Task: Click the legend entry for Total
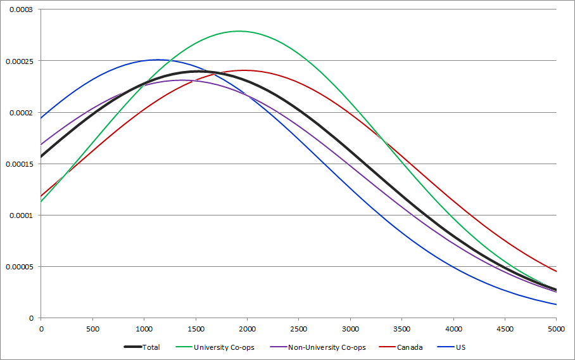pos(151,347)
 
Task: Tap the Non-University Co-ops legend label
pos(326,347)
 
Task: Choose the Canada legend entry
pos(409,347)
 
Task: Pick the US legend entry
pos(460,347)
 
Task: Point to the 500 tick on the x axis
pos(92,328)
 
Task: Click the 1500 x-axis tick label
pos(196,328)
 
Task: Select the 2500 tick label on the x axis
pos(298,328)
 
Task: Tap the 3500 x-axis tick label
pos(401,328)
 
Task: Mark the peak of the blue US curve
pos(156,60)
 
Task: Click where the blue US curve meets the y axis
pos(41,118)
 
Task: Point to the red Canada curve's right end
pos(556,271)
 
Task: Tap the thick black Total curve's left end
pos(41,157)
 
